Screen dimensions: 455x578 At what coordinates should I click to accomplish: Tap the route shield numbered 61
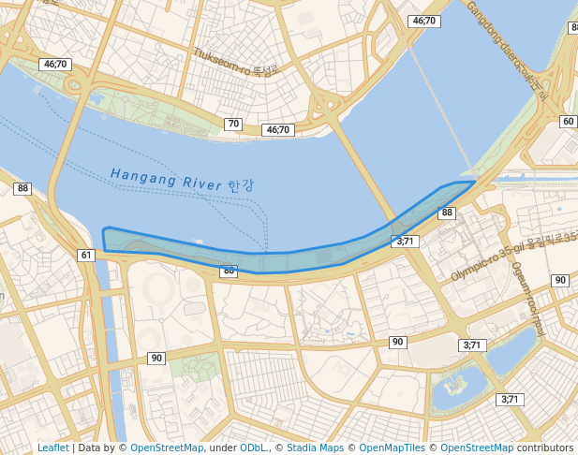tap(86, 255)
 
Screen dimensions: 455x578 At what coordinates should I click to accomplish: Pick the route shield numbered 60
tap(568, 122)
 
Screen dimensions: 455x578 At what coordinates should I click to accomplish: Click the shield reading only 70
tap(233, 124)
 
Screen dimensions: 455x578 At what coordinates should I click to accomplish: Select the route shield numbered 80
tap(229, 272)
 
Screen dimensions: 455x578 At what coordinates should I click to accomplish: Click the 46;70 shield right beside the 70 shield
tap(278, 130)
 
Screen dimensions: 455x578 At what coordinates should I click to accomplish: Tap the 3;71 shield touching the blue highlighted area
tap(406, 242)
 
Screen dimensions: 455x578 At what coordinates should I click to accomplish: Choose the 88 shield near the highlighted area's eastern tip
tap(447, 213)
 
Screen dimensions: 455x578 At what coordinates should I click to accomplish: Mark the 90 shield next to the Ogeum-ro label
tap(560, 280)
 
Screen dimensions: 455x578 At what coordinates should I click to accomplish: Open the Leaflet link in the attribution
tap(52, 448)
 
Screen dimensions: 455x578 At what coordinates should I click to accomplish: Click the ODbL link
tap(253, 448)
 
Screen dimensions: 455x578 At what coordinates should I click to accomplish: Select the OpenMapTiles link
tap(392, 448)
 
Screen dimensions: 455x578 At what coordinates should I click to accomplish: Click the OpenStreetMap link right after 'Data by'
tap(167, 448)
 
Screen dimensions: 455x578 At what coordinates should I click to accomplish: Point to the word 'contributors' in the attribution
tap(544, 448)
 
